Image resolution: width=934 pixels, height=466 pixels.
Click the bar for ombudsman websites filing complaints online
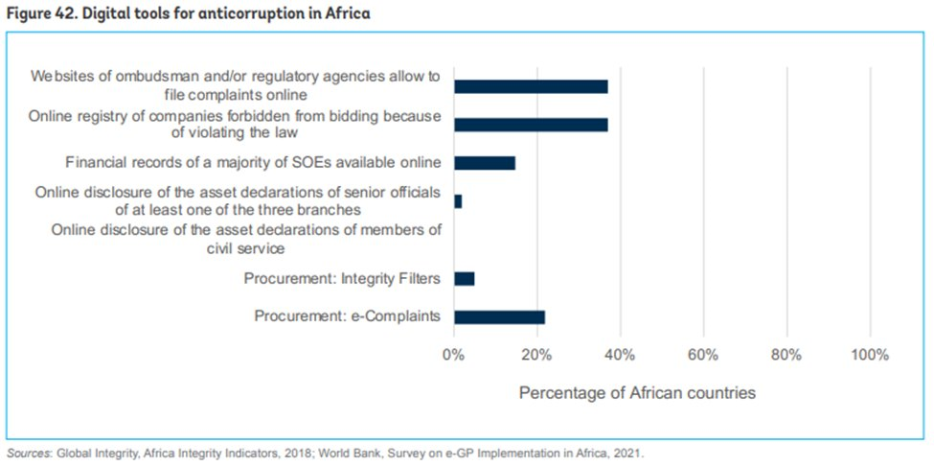(x=531, y=86)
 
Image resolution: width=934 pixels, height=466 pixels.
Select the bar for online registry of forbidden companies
(x=531, y=125)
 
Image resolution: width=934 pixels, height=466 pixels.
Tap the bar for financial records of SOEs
(x=485, y=163)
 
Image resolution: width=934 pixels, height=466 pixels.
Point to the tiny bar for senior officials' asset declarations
(x=458, y=201)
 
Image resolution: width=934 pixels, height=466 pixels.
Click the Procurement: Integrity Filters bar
(x=465, y=279)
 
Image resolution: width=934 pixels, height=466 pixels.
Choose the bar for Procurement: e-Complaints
(x=499, y=317)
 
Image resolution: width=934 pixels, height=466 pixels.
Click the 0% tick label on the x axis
(x=453, y=355)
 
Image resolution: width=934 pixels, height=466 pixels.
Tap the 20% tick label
(x=536, y=355)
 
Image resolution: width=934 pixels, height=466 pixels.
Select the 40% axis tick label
(x=620, y=355)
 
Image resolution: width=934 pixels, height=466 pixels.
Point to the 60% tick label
(x=703, y=355)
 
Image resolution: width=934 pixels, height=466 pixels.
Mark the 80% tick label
(x=786, y=355)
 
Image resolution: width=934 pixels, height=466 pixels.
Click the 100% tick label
(x=869, y=355)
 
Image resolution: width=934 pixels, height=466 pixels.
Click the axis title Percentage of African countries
(x=637, y=393)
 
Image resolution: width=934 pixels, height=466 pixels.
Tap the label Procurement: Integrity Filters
(x=341, y=279)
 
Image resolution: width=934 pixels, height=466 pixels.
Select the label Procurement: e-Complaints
(x=347, y=317)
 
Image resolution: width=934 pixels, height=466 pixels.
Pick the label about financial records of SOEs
(x=253, y=163)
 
